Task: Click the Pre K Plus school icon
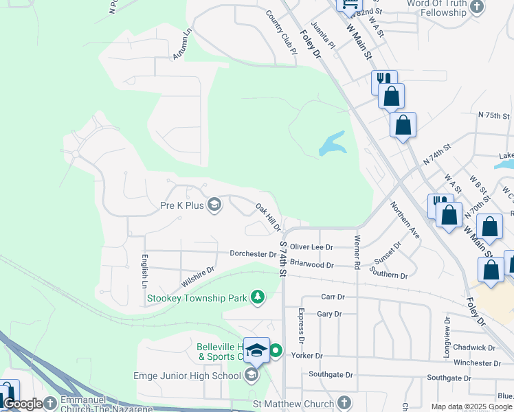click(x=214, y=205)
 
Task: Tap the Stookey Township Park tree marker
click(x=258, y=297)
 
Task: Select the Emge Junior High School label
click(x=187, y=375)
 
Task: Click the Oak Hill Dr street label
click(x=269, y=217)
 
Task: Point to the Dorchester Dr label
click(x=253, y=254)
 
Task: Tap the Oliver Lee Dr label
click(x=311, y=247)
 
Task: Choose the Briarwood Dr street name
click(x=311, y=264)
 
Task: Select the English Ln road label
click(x=145, y=271)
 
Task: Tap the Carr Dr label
click(x=333, y=297)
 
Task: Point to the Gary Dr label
click(x=329, y=314)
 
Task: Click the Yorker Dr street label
click(x=306, y=356)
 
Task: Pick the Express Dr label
click(x=301, y=325)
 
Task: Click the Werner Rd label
click(x=357, y=251)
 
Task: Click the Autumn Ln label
click(x=181, y=43)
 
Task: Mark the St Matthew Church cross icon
click(x=344, y=404)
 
